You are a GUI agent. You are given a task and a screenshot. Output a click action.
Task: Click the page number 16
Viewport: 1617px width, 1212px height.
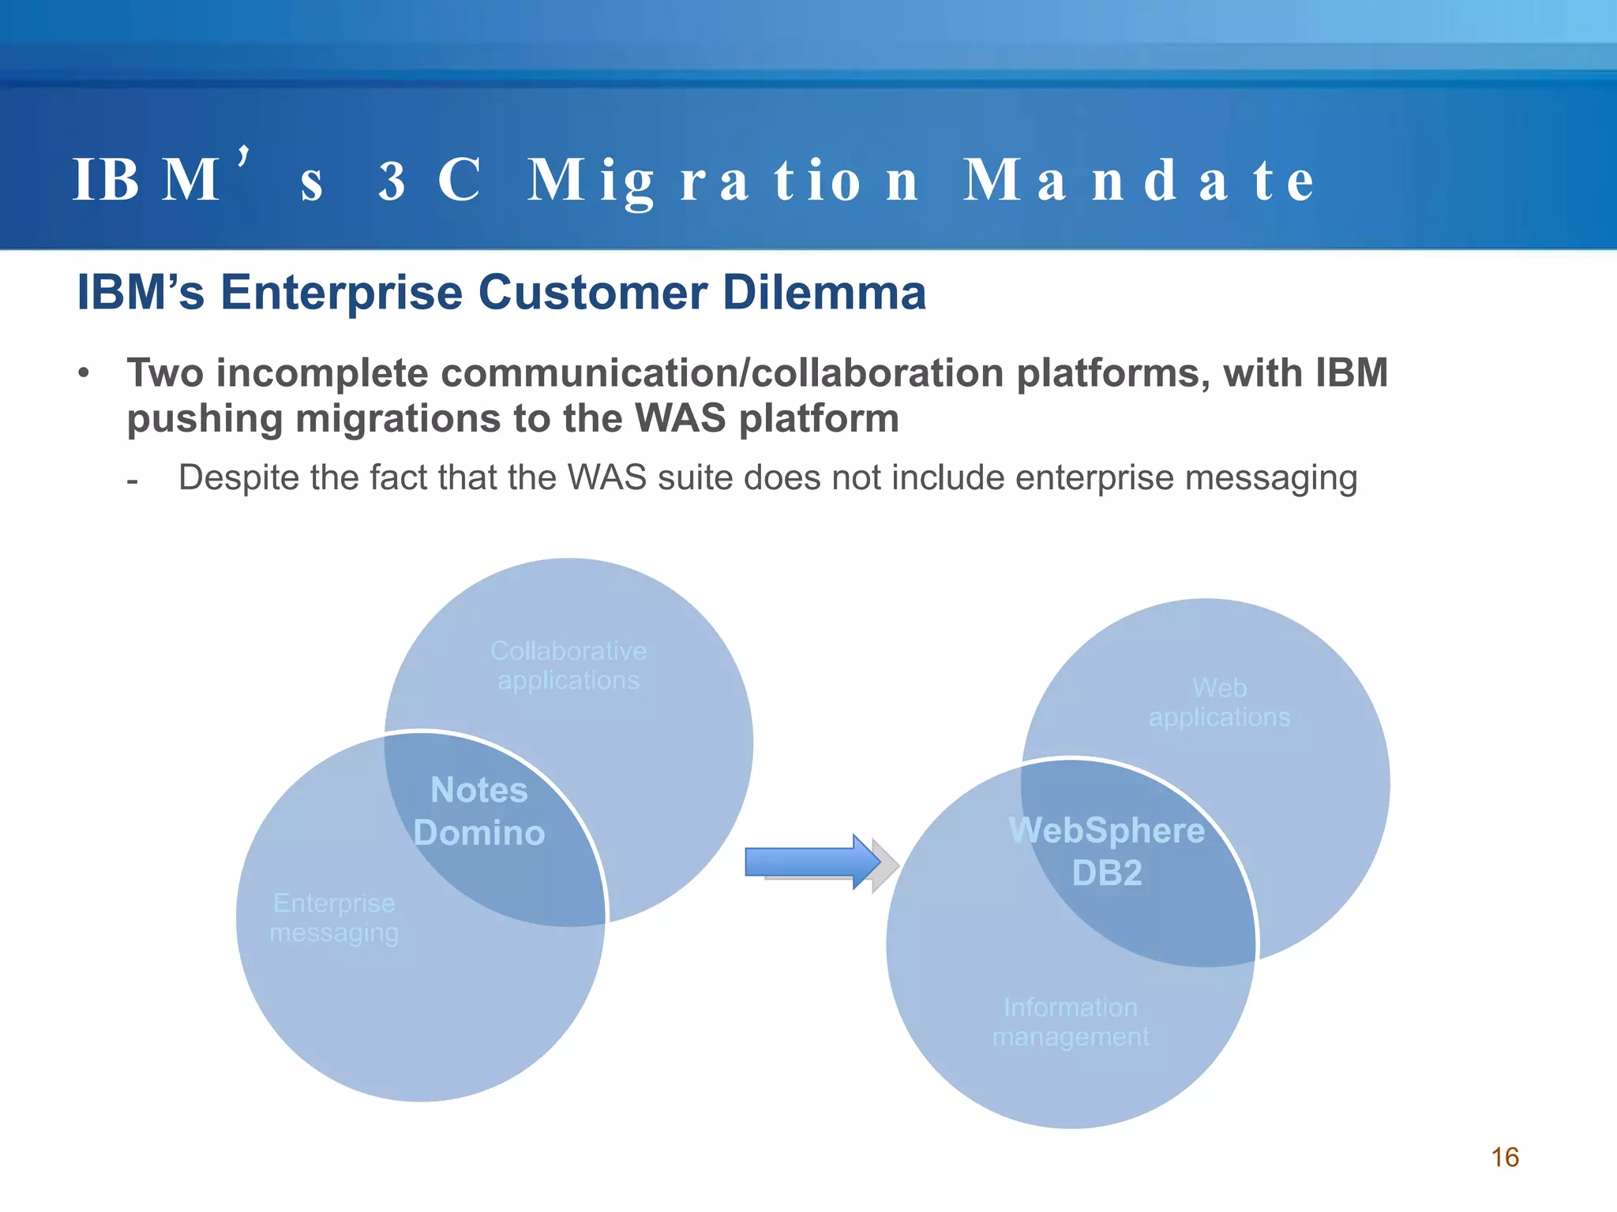tap(1505, 1157)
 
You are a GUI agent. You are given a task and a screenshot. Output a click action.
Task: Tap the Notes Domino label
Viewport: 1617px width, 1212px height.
tap(479, 811)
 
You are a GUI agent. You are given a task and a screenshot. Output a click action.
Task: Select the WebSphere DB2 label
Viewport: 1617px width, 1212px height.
tap(1107, 851)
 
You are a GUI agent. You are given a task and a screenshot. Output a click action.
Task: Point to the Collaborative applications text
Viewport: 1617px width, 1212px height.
tap(568, 665)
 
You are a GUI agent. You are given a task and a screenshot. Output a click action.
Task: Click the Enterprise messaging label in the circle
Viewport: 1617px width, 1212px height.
tap(334, 918)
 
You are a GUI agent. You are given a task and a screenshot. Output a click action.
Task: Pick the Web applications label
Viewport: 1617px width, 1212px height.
tap(1219, 702)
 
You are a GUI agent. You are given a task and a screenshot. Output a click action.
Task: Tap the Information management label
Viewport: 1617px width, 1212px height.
tap(1071, 1022)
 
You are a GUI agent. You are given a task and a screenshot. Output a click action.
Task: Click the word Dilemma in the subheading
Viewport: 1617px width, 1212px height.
tap(824, 293)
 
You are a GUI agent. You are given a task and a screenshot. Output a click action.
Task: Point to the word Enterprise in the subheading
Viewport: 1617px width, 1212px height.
tap(341, 293)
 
